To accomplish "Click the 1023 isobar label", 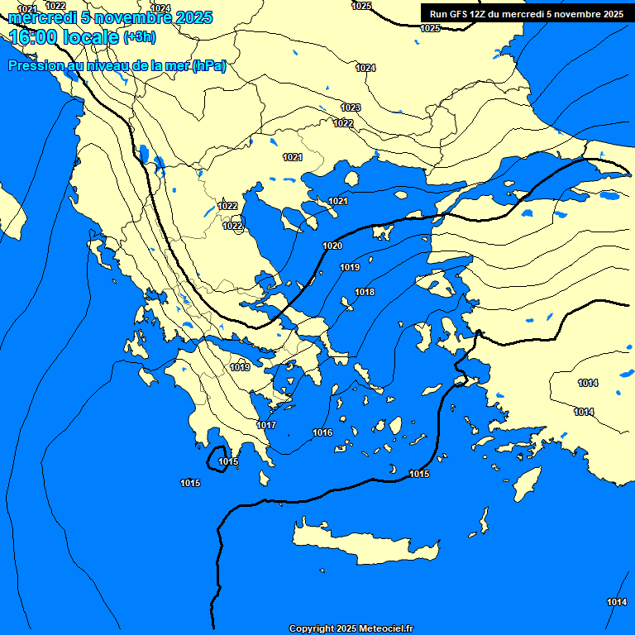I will click(351, 108).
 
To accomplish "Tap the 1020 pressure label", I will click(332, 246).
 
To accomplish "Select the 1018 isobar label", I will click(365, 293).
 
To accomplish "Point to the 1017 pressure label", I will click(266, 425).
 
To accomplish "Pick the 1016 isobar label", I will click(322, 433).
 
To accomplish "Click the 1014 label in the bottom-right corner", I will click(617, 602).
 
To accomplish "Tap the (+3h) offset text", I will click(139, 37).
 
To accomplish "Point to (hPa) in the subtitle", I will click(208, 66).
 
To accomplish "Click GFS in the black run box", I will click(461, 14).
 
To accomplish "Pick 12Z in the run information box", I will click(482, 14).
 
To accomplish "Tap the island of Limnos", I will click(384, 232).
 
